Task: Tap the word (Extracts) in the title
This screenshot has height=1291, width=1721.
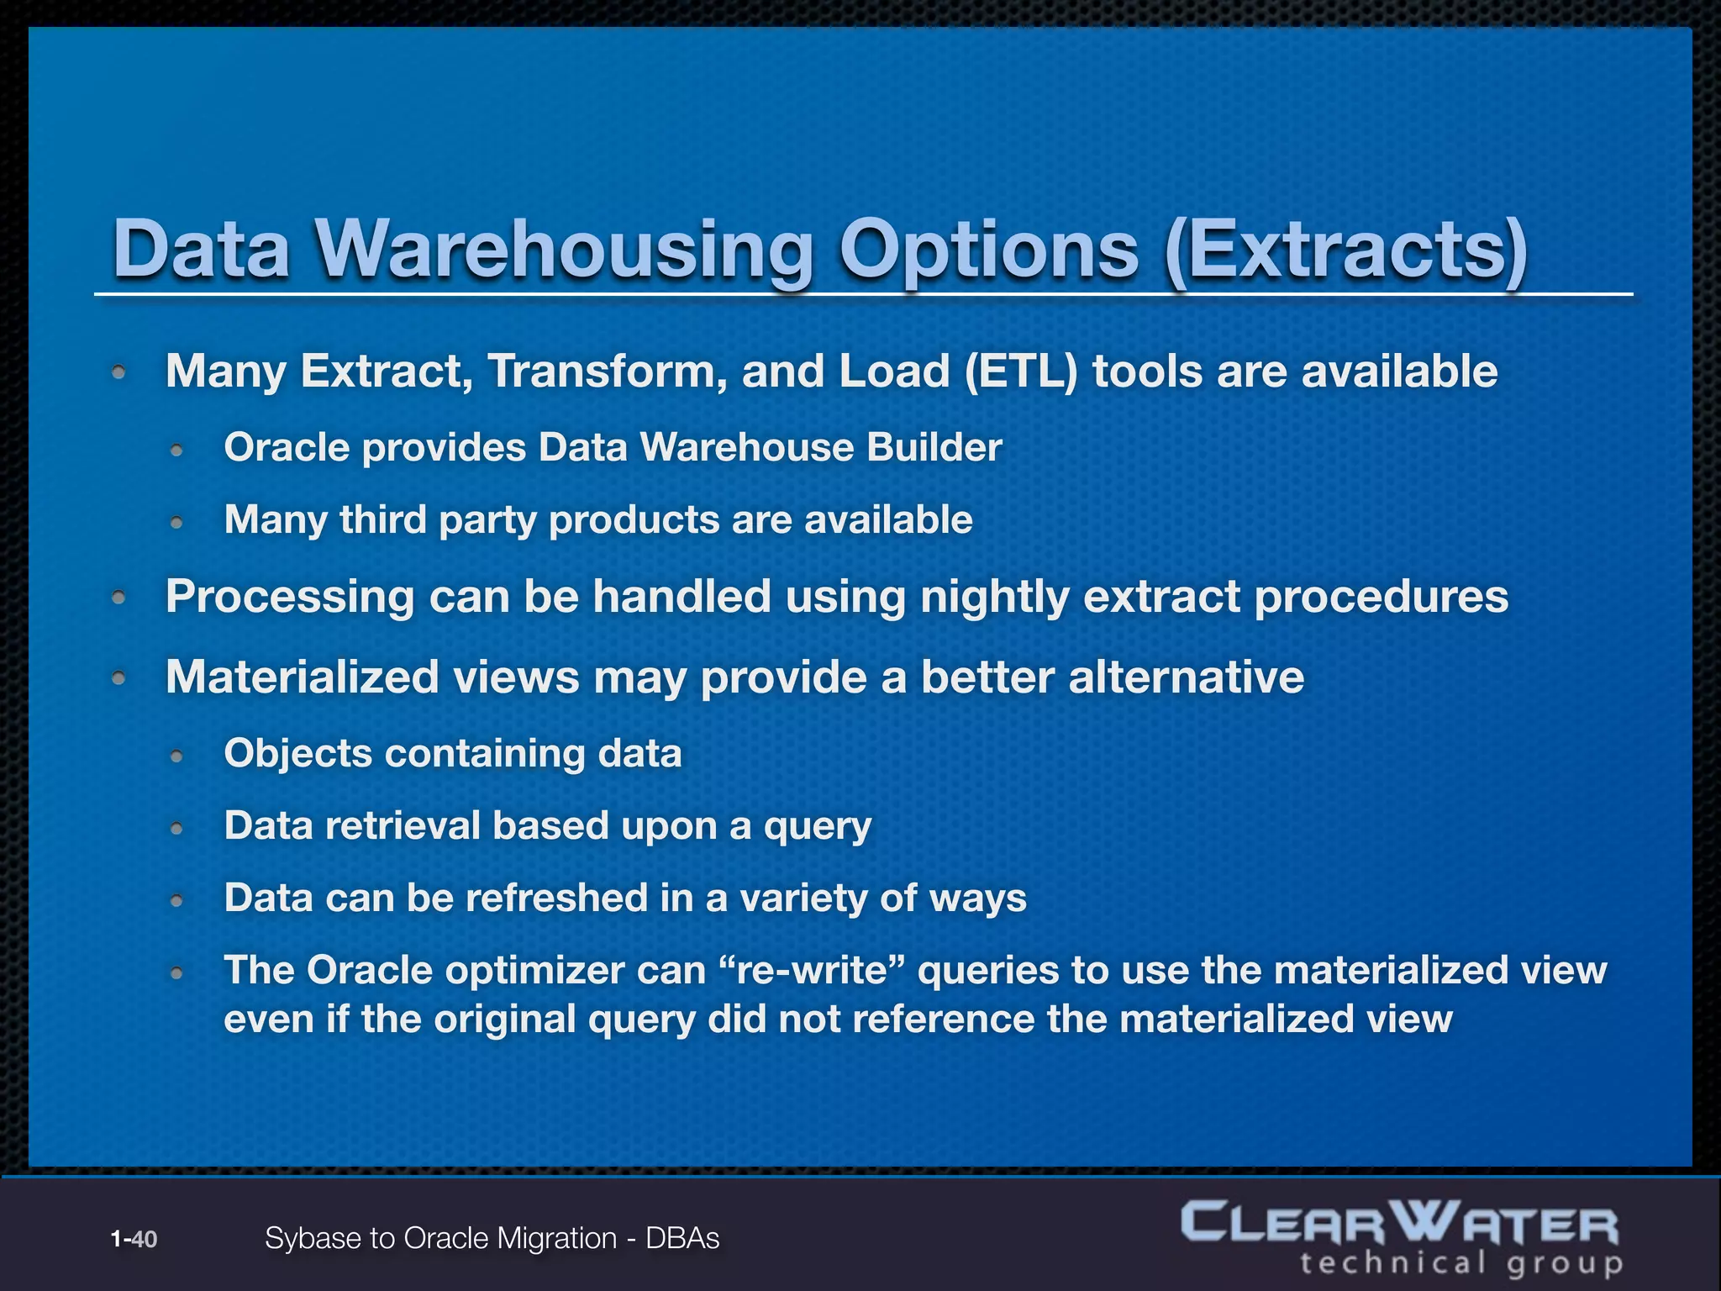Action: pyautogui.click(x=1345, y=250)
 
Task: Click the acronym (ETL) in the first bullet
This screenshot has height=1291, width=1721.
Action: pyautogui.click(x=1021, y=371)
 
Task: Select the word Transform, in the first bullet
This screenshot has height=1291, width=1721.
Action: pyautogui.click(x=607, y=371)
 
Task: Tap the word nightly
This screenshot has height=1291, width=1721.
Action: pyautogui.click(x=994, y=597)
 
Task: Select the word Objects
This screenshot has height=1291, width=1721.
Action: pyautogui.click(x=297, y=753)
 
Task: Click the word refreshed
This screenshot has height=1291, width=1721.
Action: pyautogui.click(x=556, y=898)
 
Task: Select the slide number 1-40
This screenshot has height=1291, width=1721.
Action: pyautogui.click(x=134, y=1239)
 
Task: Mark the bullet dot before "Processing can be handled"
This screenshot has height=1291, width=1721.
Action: pyautogui.click(x=119, y=598)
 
